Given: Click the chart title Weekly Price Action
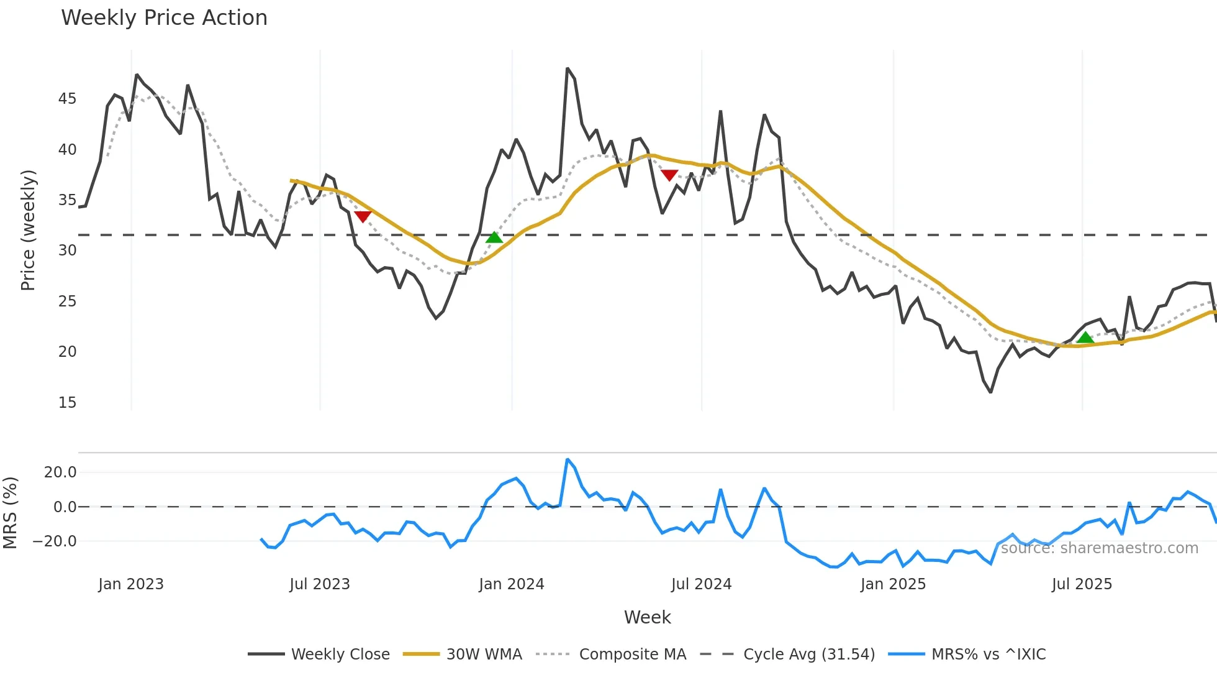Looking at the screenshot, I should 164,18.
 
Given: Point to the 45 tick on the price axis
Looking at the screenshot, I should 67,99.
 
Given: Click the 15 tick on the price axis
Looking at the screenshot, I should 67,403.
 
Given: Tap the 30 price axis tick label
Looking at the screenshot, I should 67,251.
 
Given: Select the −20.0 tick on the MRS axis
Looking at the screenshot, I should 55,541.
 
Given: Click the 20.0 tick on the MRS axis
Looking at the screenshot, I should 60,472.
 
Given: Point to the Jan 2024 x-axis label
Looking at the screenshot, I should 511,584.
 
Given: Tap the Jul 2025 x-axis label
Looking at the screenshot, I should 1082,584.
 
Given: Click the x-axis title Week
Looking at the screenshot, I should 647,617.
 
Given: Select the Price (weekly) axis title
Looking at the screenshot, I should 28,230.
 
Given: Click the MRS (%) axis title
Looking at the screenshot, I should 10,513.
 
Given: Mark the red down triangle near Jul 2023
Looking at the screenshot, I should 363,216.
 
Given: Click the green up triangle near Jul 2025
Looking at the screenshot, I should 1085,338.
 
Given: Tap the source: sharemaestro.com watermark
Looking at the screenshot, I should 1099,548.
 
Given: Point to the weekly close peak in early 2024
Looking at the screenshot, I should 568,68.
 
